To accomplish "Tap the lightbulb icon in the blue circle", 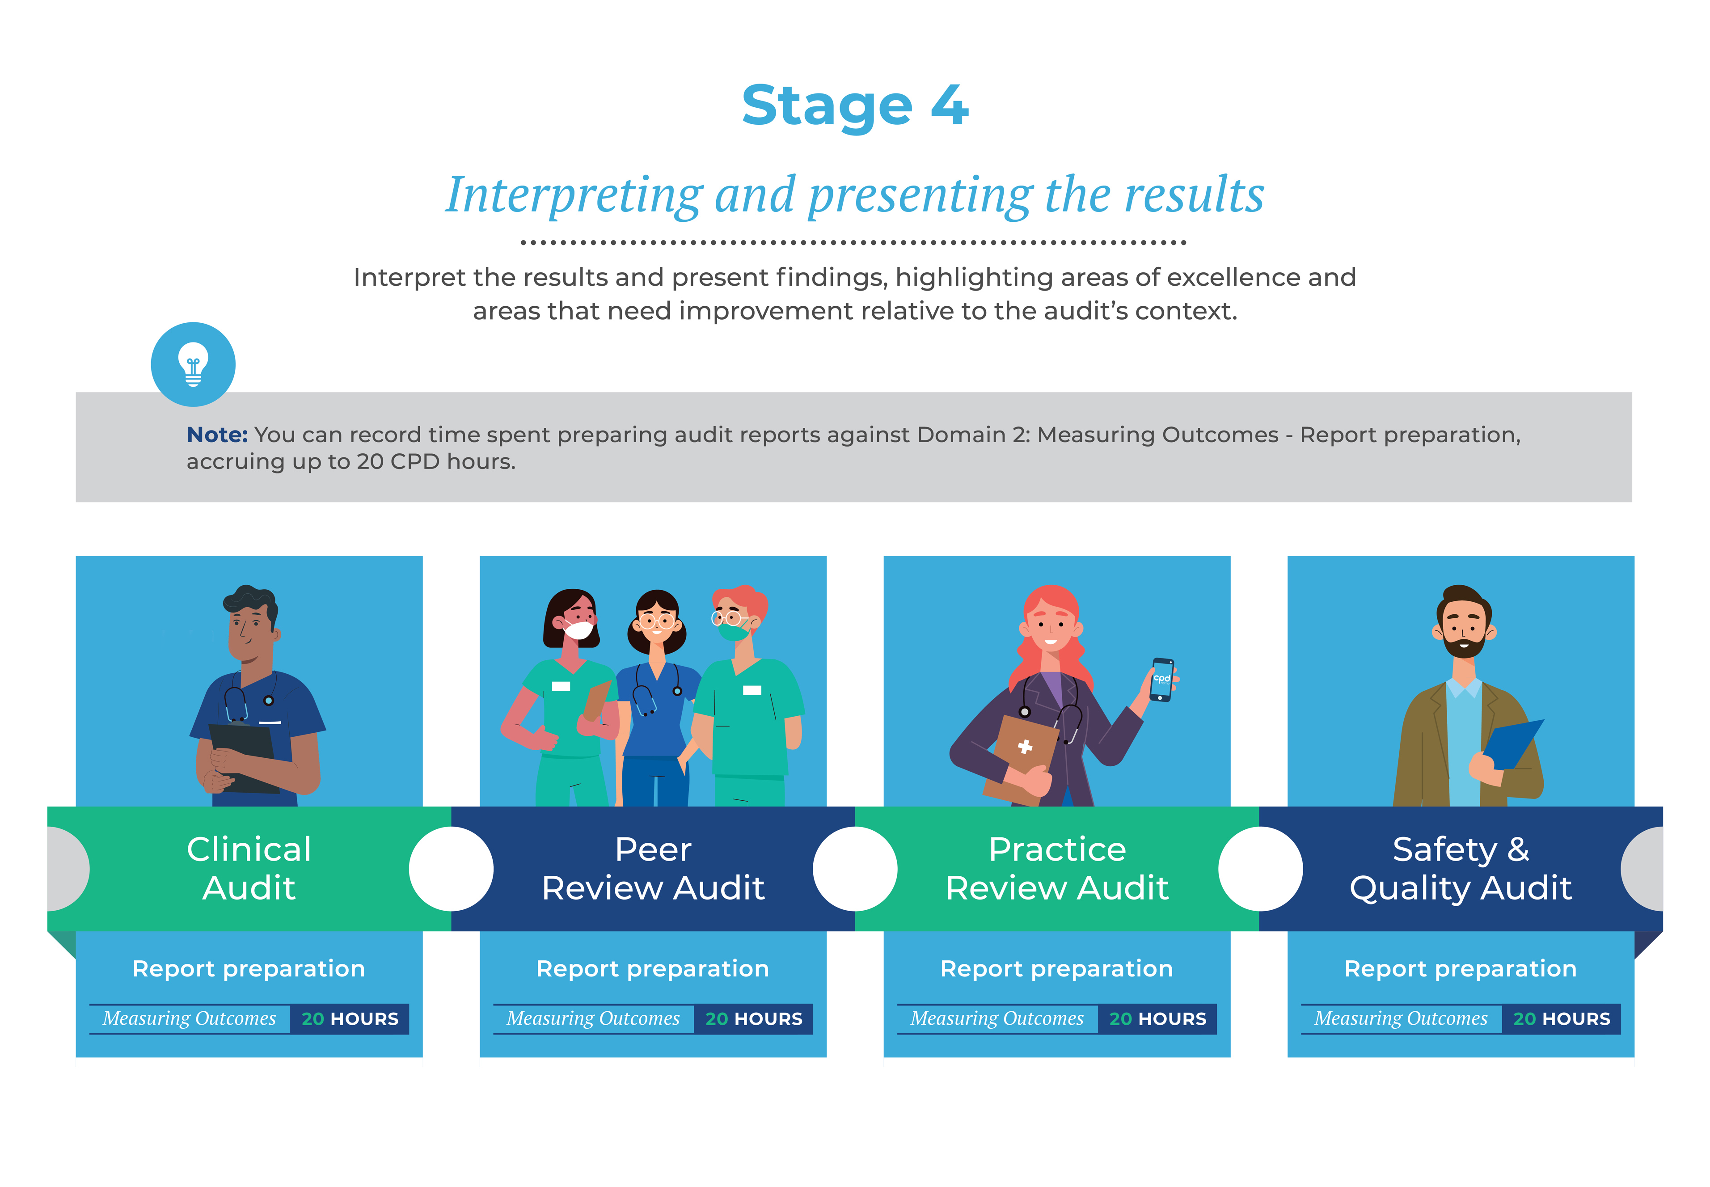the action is pyautogui.click(x=193, y=363).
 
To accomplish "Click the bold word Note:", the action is pyautogui.click(x=217, y=435).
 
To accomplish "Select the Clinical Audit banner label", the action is pyautogui.click(x=249, y=868).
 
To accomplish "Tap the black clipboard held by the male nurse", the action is pyautogui.click(x=244, y=757).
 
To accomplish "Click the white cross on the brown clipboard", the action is pyautogui.click(x=1025, y=747).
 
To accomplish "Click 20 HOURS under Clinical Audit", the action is pyautogui.click(x=350, y=1019).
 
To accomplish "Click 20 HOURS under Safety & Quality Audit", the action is pyautogui.click(x=1561, y=1019).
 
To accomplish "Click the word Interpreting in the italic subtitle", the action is pyautogui.click(x=574, y=195).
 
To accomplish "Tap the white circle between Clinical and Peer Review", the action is pyautogui.click(x=451, y=869).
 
